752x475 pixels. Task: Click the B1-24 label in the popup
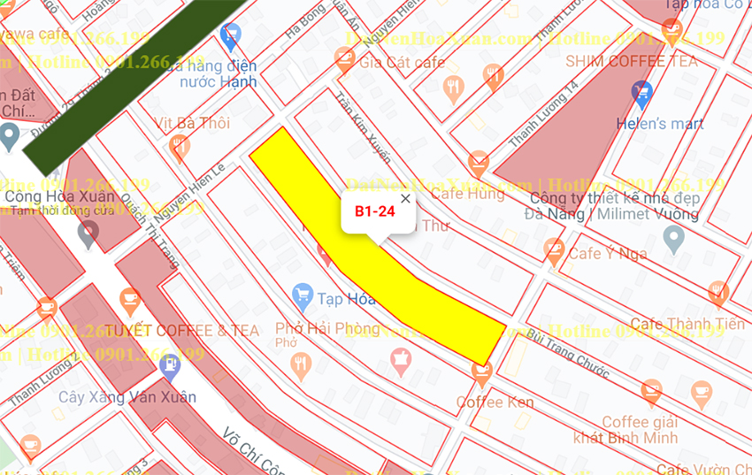[x=374, y=211]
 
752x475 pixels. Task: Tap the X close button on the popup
[x=405, y=198]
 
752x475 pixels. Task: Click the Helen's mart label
[x=662, y=123]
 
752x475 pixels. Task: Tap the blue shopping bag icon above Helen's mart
[x=642, y=91]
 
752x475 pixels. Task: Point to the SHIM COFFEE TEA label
[x=632, y=61]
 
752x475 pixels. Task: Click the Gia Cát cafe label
[x=403, y=62]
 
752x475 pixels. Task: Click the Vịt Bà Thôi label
[x=192, y=123]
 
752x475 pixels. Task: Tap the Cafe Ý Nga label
[x=607, y=254]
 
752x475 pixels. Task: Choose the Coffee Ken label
[x=495, y=402]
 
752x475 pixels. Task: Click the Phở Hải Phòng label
[x=327, y=329]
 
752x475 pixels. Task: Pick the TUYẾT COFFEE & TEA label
[x=182, y=331]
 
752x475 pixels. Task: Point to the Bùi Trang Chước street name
[x=567, y=352]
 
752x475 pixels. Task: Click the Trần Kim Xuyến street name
[x=363, y=126]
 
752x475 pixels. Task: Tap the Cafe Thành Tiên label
[x=687, y=325]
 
